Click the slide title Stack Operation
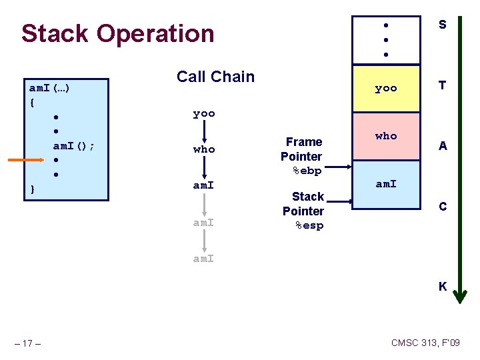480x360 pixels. [x=118, y=33]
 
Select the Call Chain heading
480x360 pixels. [x=215, y=77]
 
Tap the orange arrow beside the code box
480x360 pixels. [x=27, y=160]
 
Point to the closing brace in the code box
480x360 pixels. [x=33, y=190]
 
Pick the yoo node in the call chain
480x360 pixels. [x=204, y=113]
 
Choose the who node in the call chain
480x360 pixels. [x=204, y=149]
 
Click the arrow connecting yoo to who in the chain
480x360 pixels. [x=204, y=131]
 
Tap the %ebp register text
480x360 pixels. [x=307, y=171]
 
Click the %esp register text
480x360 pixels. [x=309, y=226]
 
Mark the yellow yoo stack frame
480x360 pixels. [x=386, y=88]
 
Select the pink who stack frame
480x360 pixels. [x=386, y=136]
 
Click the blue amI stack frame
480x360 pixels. [x=386, y=184]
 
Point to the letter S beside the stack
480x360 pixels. [x=443, y=25]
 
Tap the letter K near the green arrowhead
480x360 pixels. [x=443, y=287]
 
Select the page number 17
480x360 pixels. [x=29, y=343]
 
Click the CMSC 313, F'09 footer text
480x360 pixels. [x=425, y=343]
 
